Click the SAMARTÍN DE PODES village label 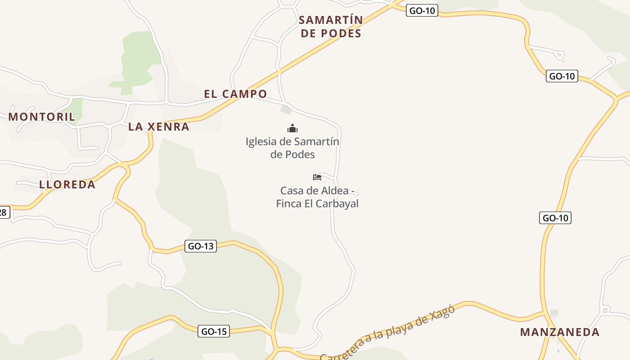point(331,27)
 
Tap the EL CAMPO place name point(235,94)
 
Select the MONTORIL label point(42,117)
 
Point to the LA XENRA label point(159,127)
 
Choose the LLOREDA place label point(67,184)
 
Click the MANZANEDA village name point(560,333)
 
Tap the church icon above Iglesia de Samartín point(292,129)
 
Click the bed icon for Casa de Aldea point(317,177)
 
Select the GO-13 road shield point(201,246)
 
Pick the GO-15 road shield point(214,332)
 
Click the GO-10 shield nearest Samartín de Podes point(422,10)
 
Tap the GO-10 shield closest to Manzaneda point(555,218)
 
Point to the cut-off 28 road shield point(4,212)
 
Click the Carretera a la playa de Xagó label point(387,333)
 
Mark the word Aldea point(333,190)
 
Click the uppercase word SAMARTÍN point(331,20)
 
